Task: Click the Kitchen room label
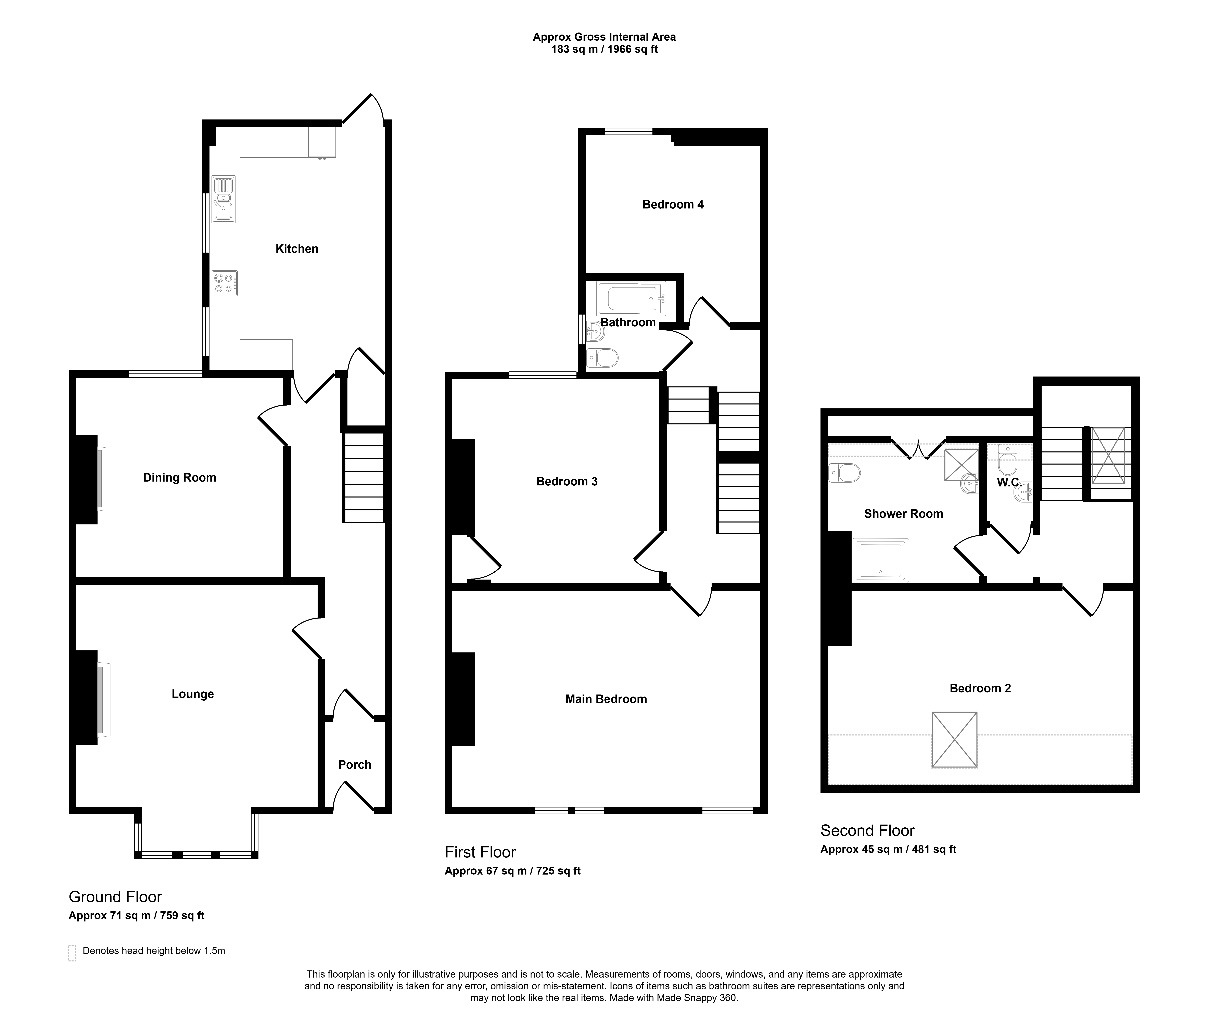(297, 249)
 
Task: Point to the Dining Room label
(180, 478)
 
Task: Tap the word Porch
(355, 765)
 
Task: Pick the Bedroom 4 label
(673, 204)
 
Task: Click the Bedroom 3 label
(567, 482)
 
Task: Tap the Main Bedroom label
(606, 700)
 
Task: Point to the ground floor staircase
(364, 478)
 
